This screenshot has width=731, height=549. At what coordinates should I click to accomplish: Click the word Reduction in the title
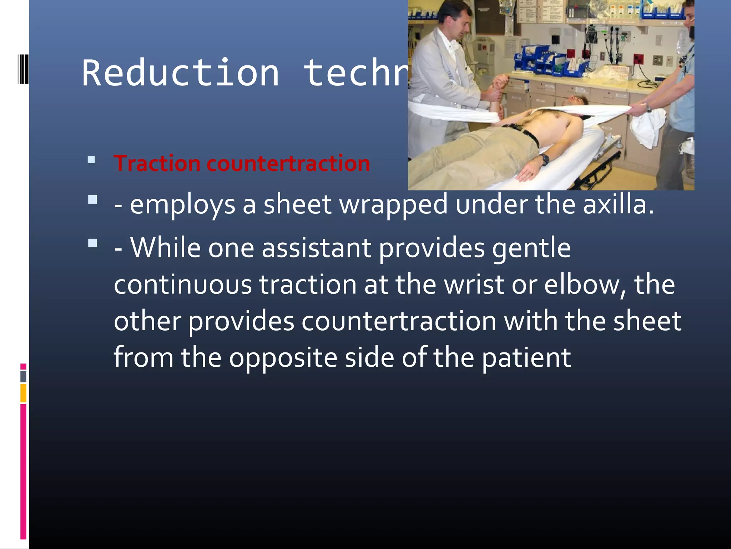180,73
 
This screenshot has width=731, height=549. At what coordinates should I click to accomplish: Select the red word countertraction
288,164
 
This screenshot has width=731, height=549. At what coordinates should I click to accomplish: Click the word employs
182,206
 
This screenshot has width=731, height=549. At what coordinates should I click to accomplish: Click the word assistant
316,248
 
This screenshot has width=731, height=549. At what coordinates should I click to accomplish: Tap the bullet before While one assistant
92,243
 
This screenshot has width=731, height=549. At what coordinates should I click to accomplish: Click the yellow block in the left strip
23,393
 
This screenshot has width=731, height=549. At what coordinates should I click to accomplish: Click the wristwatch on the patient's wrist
544,159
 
